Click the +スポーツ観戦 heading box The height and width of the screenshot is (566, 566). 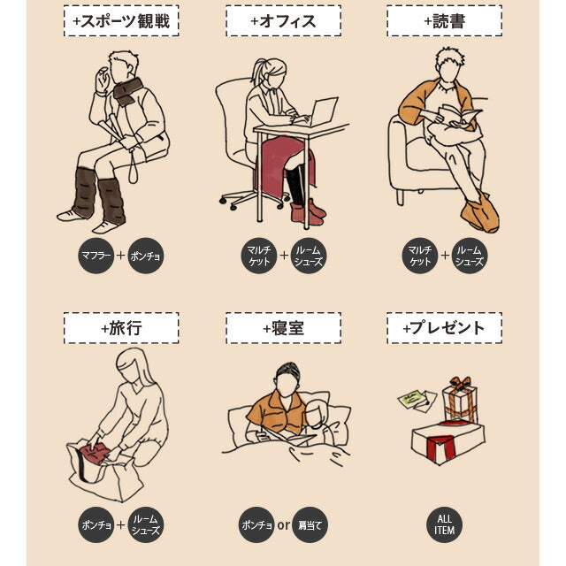pos(121,21)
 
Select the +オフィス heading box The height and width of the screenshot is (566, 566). pos(283,21)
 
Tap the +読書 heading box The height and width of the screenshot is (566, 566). pos(444,21)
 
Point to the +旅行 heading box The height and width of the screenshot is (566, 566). pos(121,328)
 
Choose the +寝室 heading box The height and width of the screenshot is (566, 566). pos(283,328)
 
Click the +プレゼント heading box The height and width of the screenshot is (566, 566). pos(444,328)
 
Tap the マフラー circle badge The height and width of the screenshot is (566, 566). pos(96,256)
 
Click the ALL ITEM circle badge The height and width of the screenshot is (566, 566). pos(444,524)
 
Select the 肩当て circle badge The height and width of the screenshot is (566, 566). pos(310,524)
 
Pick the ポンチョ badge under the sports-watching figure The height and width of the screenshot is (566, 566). pos(146,256)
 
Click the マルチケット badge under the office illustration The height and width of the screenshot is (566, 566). pos(259,256)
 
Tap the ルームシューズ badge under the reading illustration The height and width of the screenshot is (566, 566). pos(470,256)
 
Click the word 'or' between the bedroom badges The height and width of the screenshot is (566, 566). pos(284,524)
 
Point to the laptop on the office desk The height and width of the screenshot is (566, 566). pos(322,112)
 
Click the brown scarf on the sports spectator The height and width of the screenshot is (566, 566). pos(127,92)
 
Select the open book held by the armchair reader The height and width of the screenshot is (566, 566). pos(458,116)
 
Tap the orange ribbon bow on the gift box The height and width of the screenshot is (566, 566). pos(460,385)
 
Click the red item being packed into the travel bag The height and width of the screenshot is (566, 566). pos(94,454)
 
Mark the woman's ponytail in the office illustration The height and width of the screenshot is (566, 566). pos(258,73)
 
